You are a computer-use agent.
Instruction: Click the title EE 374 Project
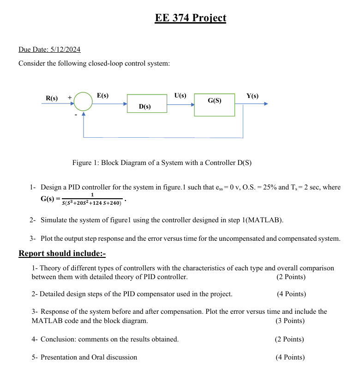click(x=191, y=18)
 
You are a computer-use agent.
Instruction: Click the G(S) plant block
click(x=214, y=104)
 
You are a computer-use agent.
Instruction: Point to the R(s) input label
click(x=52, y=98)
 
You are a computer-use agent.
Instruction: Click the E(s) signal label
click(x=102, y=96)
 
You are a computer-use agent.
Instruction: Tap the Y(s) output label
click(x=252, y=96)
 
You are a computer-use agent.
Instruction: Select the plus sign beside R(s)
click(x=70, y=98)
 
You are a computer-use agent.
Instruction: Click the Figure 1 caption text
click(x=162, y=163)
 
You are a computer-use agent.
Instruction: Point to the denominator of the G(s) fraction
click(x=91, y=203)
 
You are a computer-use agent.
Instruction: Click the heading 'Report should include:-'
click(x=62, y=253)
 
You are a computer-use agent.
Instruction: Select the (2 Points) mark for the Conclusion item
click(x=289, y=339)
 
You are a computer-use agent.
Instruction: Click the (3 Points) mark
click(x=290, y=321)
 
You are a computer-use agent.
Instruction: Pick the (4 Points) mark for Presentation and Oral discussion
click(x=290, y=357)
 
